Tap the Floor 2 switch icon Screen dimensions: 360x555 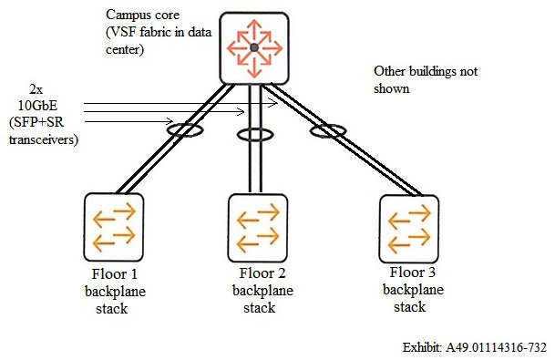click(x=258, y=227)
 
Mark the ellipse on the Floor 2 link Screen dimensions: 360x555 click(x=254, y=136)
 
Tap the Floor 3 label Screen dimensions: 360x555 click(x=414, y=273)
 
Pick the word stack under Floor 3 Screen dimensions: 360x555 click(x=409, y=306)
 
